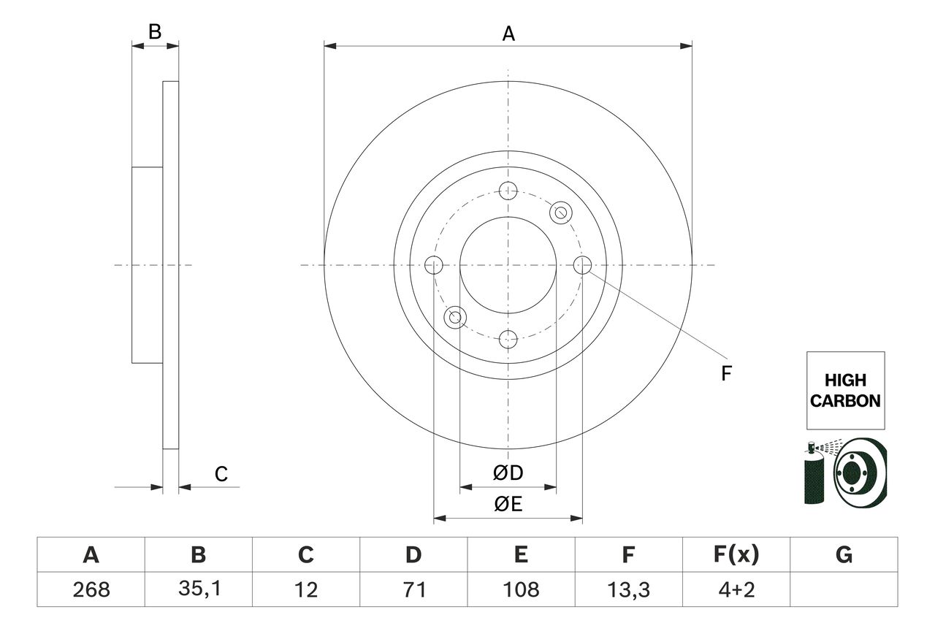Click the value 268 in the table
point(91,589)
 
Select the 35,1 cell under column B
point(198,589)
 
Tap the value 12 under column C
point(306,589)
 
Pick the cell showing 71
point(413,589)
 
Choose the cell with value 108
point(521,589)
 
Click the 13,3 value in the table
point(628,589)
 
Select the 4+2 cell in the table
point(736,589)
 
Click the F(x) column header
point(736,555)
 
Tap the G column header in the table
point(844,555)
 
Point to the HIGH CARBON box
point(845,390)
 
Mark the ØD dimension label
point(508,473)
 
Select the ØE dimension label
point(508,505)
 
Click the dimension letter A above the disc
point(508,33)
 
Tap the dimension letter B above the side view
point(155,31)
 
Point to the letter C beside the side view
point(221,474)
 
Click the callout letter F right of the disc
point(726,373)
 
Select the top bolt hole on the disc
point(508,191)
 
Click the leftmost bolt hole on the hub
point(434,265)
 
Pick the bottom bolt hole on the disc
point(508,339)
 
